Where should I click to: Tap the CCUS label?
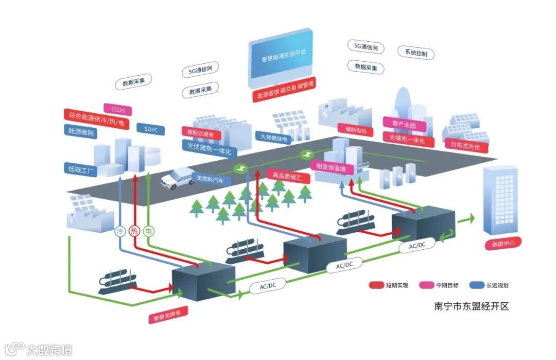pos(118,110)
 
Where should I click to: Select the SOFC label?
pos(151,128)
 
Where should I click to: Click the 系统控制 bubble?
pos(416,53)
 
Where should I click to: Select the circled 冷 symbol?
pos(120,231)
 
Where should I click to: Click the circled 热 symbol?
pos(135,231)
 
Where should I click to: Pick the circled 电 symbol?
pos(149,231)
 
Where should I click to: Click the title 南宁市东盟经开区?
pos(472,306)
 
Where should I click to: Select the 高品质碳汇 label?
pos(284,175)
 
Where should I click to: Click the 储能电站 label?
pos(353,130)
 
